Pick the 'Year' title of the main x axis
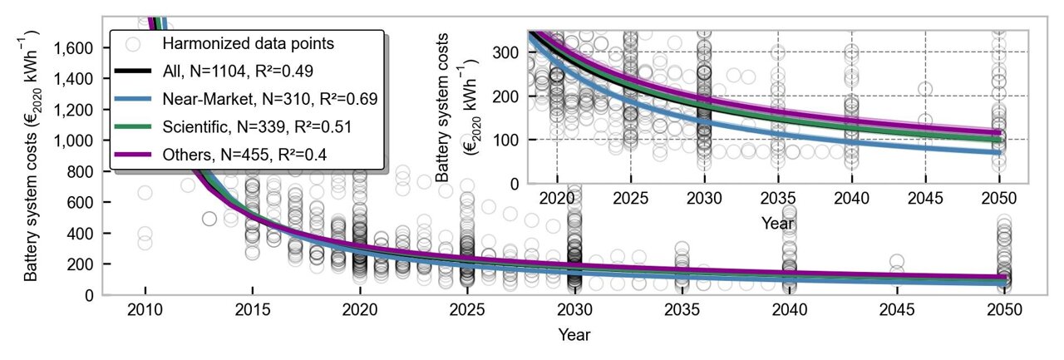[574, 335]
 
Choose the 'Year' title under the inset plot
[777, 222]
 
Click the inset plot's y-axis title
[455, 106]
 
